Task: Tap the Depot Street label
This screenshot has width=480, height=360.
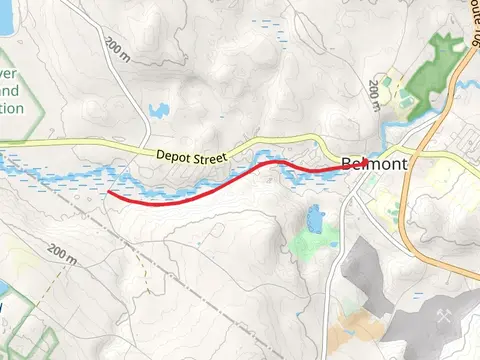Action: point(193,156)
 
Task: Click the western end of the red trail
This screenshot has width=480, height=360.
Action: point(108,192)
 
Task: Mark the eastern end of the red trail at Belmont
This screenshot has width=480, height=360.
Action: point(349,167)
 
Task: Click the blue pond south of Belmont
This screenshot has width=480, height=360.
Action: point(315,216)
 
